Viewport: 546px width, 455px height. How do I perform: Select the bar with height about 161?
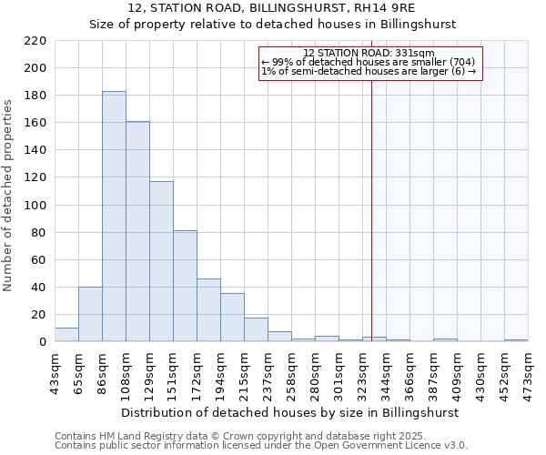(x=137, y=231)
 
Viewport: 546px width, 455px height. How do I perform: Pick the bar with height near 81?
(x=185, y=286)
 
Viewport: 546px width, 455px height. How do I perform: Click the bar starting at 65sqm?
(x=90, y=314)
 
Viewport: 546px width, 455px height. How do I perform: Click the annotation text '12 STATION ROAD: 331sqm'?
(x=369, y=53)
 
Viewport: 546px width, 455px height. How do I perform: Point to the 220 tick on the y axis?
(x=37, y=41)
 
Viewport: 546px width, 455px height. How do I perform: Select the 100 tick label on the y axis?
(x=37, y=206)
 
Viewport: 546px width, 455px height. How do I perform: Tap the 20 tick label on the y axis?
(x=40, y=315)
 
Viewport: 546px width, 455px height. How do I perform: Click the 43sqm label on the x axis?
(x=55, y=369)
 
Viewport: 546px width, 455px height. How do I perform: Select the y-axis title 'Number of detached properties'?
(x=9, y=196)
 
